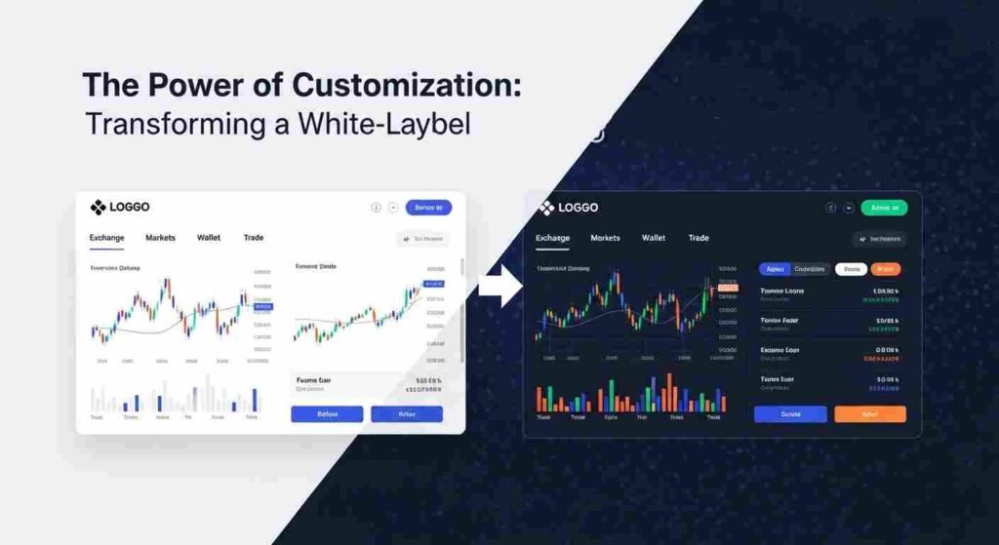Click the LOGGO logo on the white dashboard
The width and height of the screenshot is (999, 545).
pos(120,207)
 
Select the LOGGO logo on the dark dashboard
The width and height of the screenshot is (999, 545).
pos(569,207)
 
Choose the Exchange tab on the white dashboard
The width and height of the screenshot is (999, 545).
pos(106,238)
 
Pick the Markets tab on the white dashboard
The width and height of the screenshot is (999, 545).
pos(160,238)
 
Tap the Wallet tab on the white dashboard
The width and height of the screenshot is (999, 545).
pos(209,238)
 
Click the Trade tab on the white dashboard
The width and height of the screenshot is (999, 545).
pos(254,238)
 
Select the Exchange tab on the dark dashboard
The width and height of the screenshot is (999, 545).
pos(553,238)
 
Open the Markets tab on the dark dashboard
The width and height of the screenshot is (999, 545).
pos(605,238)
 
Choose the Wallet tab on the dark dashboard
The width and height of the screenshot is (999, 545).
pos(654,238)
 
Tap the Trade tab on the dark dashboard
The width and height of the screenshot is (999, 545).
pos(699,238)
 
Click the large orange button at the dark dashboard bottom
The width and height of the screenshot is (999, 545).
pos(870,413)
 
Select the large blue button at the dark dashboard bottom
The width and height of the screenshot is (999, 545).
pos(790,413)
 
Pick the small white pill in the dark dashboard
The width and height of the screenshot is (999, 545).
pos(852,269)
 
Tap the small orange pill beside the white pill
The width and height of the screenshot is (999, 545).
pos(886,269)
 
